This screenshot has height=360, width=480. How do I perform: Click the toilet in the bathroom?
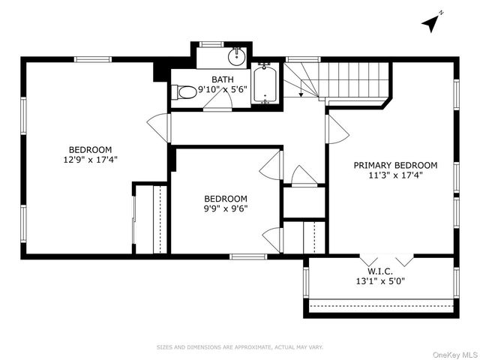tap(184, 92)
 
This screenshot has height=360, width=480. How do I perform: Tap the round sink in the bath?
tap(237, 55)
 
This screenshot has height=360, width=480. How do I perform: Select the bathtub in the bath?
tap(265, 85)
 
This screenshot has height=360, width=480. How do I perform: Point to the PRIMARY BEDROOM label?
tap(395, 165)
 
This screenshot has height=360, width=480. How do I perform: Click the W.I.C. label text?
tap(380, 271)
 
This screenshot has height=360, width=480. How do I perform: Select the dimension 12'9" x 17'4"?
tap(91, 159)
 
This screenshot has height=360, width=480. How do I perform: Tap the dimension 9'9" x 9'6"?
tap(226, 208)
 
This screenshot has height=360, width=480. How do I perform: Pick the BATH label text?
tap(222, 79)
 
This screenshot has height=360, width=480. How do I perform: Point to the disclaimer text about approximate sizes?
tap(239, 347)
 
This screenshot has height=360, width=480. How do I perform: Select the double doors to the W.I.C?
tap(394, 259)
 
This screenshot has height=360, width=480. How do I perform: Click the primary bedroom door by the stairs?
tap(337, 129)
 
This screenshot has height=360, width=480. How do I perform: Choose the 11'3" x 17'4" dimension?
tap(395, 175)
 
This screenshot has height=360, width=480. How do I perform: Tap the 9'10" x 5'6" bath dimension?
tap(222, 90)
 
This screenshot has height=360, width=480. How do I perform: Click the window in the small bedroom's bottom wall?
tap(247, 256)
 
